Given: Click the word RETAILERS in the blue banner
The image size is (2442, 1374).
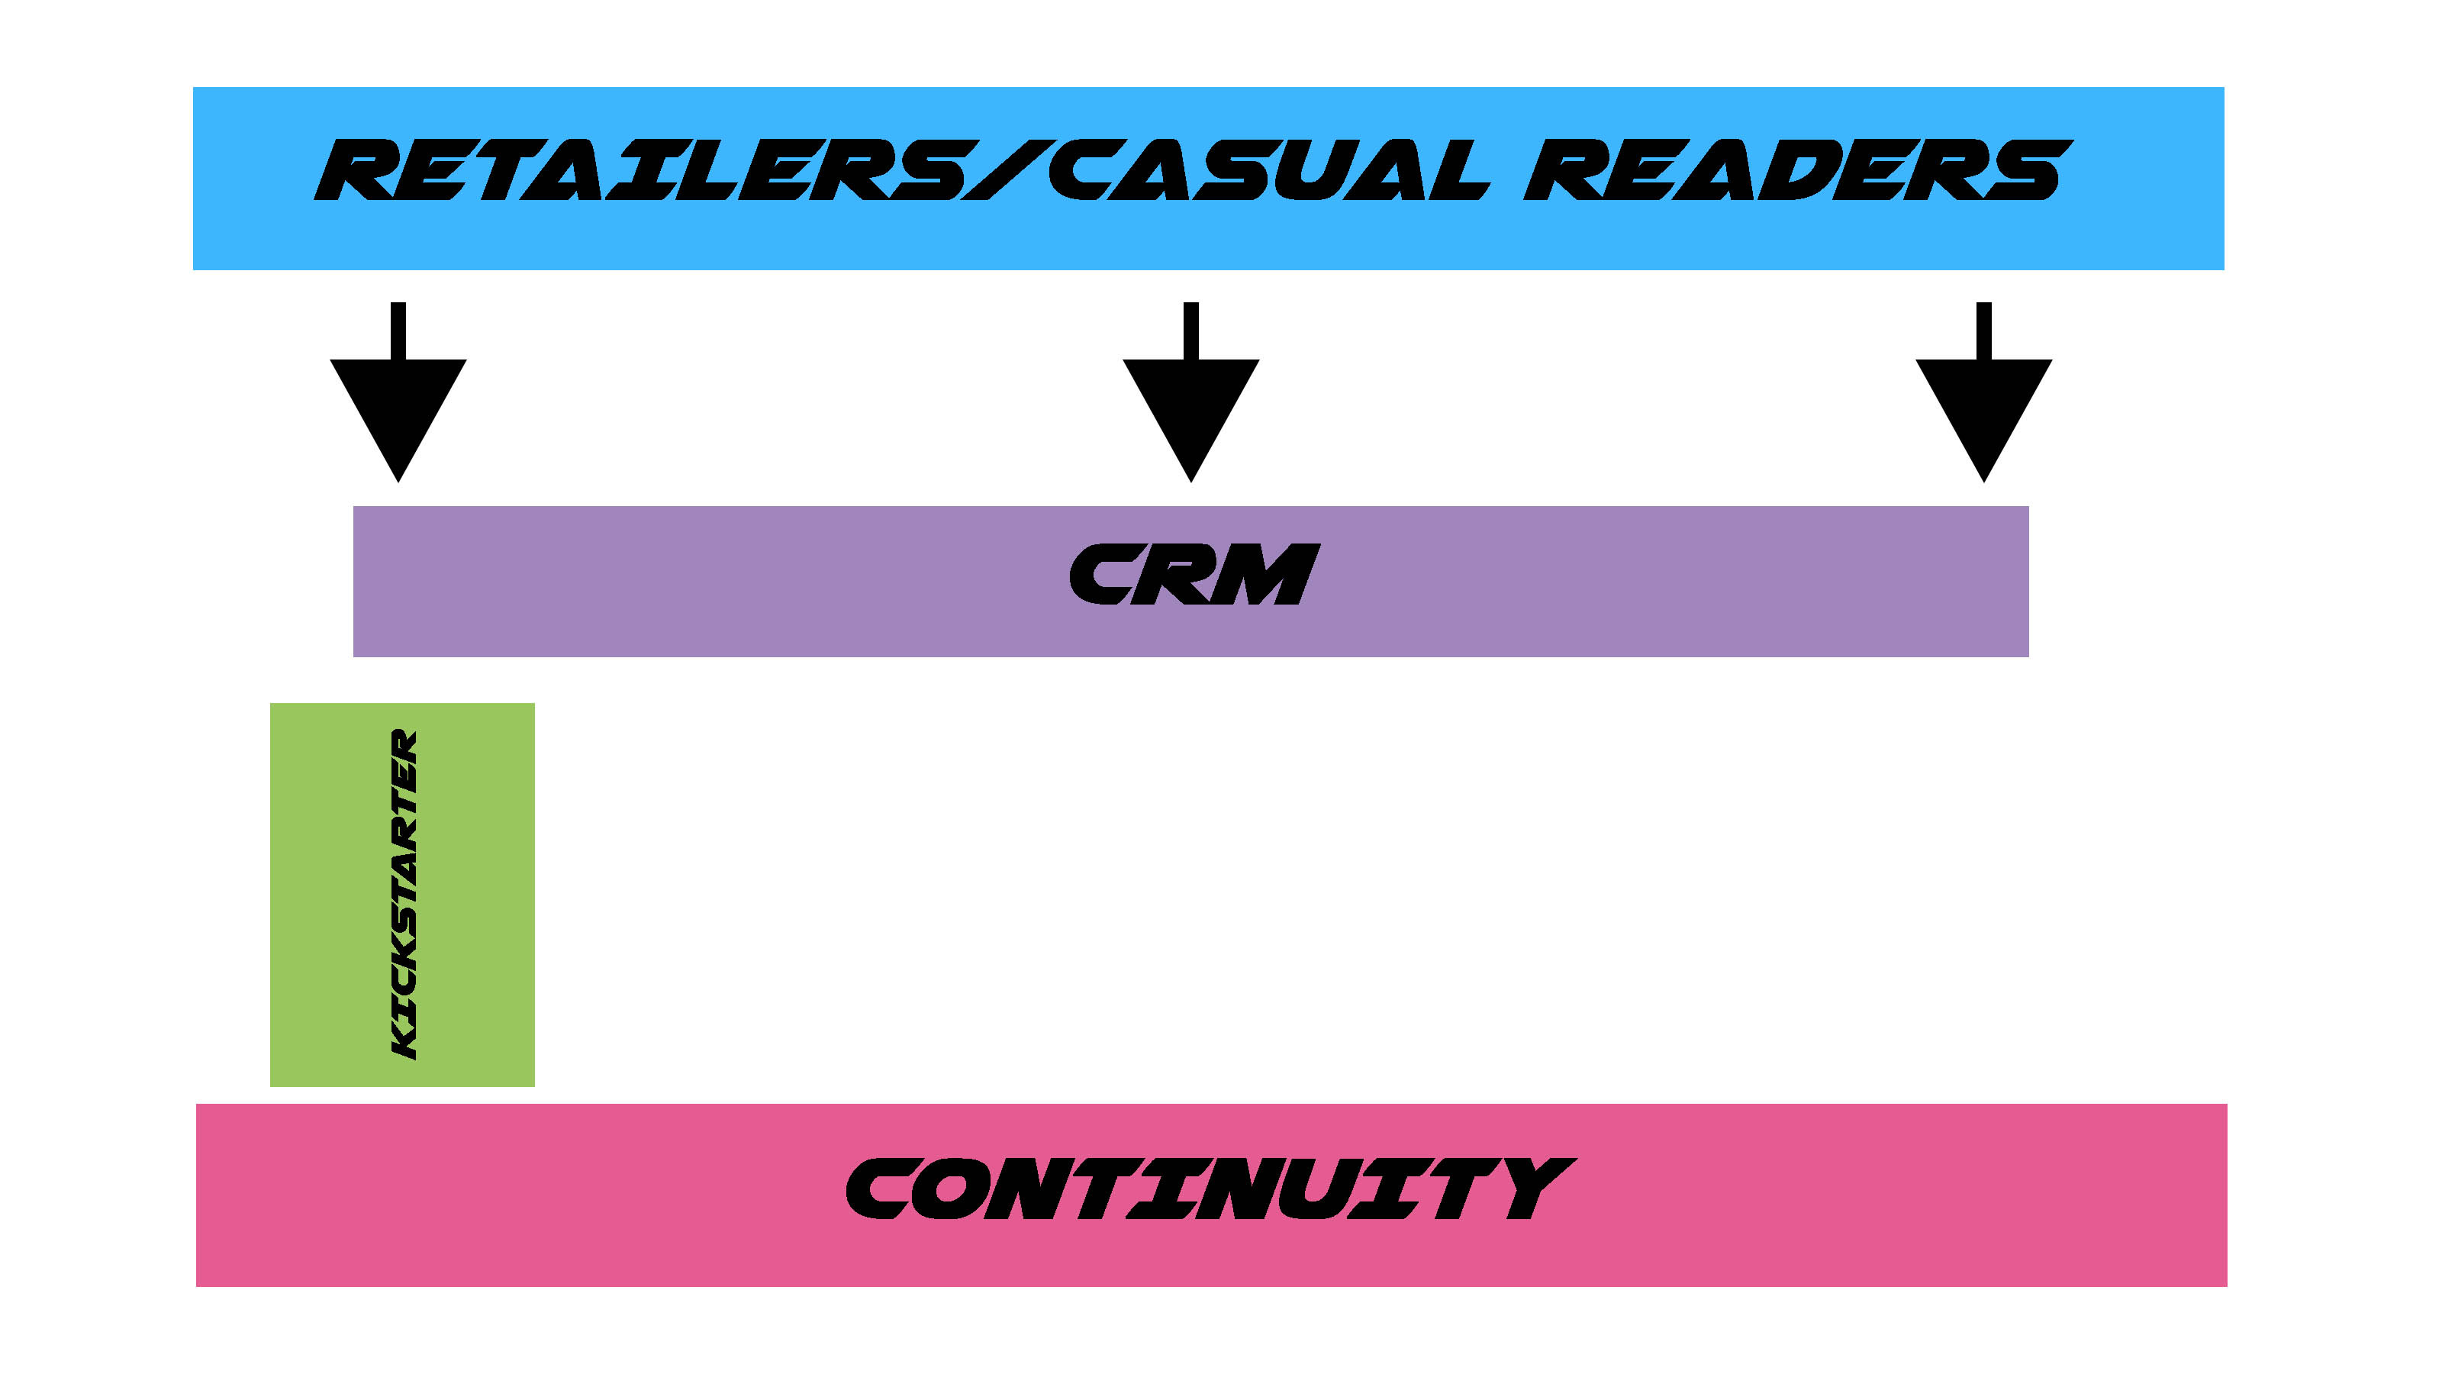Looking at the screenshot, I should [x=645, y=171].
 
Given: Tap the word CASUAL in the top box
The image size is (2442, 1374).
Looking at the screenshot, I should [x=1265, y=171].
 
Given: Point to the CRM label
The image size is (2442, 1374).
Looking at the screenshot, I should [x=1193, y=575].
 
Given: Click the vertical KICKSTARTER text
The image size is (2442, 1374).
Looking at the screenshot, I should [x=404, y=893].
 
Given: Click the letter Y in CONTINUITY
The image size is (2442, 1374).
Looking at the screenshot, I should [x=1531, y=1189].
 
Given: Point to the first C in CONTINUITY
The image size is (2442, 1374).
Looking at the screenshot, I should [x=881, y=1189].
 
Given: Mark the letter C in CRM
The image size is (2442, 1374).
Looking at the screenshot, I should [x=1100, y=575].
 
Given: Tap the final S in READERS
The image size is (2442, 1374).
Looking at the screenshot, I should [x=2028, y=171].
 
